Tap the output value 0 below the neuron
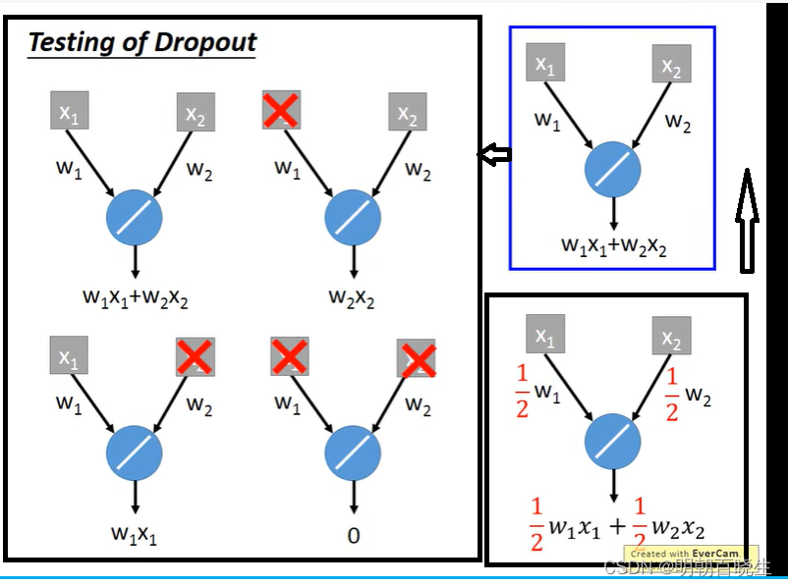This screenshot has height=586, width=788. tap(353, 535)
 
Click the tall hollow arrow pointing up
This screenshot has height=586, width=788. tap(746, 220)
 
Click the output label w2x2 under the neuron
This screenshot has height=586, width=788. tap(353, 300)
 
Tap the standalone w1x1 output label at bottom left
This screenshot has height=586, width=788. tap(134, 535)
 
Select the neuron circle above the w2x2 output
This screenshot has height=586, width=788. tap(353, 218)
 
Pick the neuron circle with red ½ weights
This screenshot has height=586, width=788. tap(612, 441)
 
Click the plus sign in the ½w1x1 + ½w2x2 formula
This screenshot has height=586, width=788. tap(616, 527)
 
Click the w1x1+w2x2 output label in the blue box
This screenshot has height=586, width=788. tap(613, 245)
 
